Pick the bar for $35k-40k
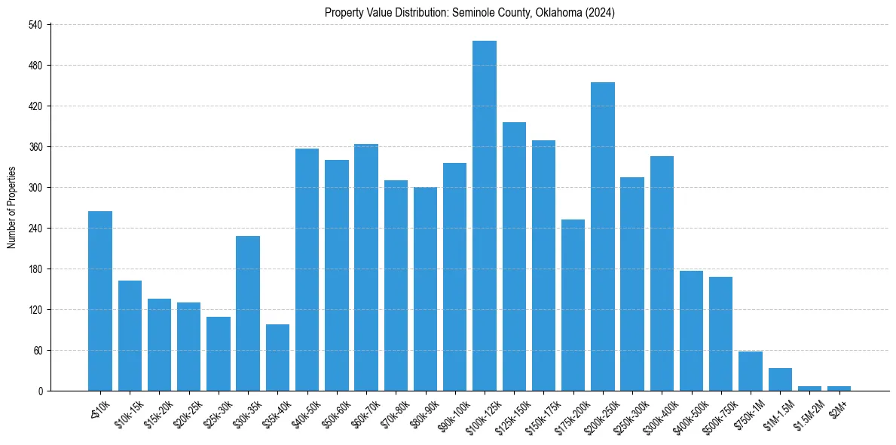(277, 358)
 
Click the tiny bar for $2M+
(839, 388)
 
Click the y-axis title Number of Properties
(12, 208)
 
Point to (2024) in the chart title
(603, 13)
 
